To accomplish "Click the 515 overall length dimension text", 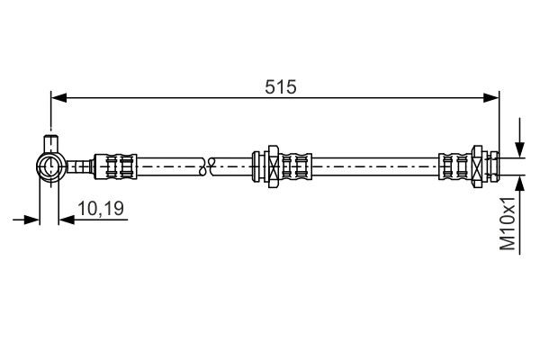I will (281, 86).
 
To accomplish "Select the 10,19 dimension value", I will (100, 209).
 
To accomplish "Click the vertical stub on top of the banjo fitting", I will (50, 142).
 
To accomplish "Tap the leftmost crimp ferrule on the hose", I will (117, 166).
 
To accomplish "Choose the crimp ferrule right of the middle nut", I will (294, 166).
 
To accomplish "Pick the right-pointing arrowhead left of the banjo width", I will (33, 218).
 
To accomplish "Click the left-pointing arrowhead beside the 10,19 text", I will (66, 218).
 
